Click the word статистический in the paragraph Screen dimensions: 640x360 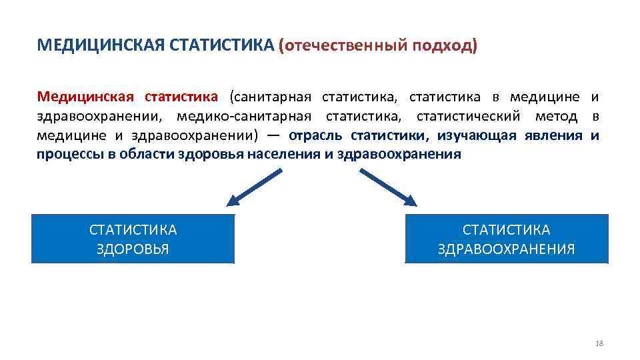[x=467, y=117]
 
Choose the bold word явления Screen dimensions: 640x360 [x=553, y=136]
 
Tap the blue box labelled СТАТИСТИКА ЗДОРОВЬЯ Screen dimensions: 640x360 [x=133, y=239]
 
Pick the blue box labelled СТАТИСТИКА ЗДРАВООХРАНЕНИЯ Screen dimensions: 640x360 [x=507, y=239]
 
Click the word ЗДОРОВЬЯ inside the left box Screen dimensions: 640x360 [x=133, y=249]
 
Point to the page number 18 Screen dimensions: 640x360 [x=598, y=343]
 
